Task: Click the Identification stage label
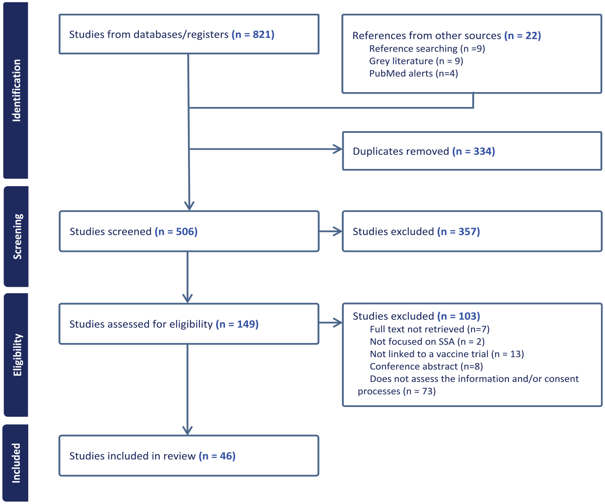point(16,91)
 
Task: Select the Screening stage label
point(17,236)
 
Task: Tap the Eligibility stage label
point(17,355)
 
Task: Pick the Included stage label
point(16,463)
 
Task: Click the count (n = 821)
point(253,35)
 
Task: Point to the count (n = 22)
point(522,36)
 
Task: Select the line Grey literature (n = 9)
point(416,61)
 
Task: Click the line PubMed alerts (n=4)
point(413,74)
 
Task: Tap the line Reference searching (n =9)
point(427,49)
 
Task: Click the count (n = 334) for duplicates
point(473,151)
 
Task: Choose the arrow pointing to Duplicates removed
point(265,149)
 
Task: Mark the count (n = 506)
point(176,232)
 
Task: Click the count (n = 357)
point(458,232)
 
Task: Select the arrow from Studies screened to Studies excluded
point(330,231)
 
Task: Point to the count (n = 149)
point(237,324)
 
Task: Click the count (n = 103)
point(458,316)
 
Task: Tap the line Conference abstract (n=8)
point(426,366)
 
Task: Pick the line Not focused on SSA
point(427,341)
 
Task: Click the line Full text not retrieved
point(429,329)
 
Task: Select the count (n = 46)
point(217,456)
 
